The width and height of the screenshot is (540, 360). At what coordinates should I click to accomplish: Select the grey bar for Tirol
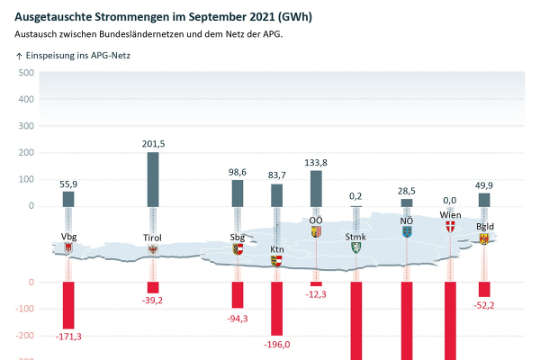point(153,179)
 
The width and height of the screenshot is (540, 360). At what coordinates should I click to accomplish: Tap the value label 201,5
point(153,144)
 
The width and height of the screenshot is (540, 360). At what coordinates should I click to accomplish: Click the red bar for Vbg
point(68,304)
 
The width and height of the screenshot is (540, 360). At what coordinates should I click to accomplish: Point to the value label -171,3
point(68,337)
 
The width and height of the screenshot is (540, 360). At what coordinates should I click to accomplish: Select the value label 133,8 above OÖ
point(316,162)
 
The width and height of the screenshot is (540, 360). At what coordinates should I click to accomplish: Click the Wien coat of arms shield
point(450,227)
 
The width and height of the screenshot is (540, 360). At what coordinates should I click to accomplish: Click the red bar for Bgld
point(484,289)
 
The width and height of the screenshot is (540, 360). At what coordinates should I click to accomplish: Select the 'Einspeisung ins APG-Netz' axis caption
point(78,55)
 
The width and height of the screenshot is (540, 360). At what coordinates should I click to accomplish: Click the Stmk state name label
point(354,237)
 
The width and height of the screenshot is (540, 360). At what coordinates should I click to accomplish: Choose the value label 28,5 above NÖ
point(406,190)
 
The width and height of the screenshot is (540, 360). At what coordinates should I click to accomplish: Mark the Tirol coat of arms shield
point(153,249)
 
